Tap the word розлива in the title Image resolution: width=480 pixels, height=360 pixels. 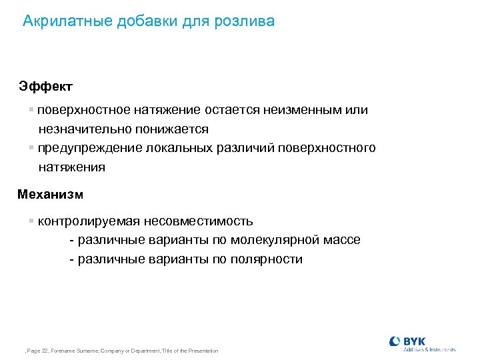tap(245, 21)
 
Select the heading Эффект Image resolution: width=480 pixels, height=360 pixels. tap(46, 87)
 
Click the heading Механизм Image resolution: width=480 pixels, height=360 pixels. tap(51, 195)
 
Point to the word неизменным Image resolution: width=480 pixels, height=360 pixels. tap(298, 109)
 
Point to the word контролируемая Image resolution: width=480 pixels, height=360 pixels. tap(86, 221)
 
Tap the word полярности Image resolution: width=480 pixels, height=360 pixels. tap(267, 259)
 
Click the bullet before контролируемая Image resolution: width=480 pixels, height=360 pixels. tap(31, 221)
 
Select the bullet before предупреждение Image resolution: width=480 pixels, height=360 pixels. tap(31, 147)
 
